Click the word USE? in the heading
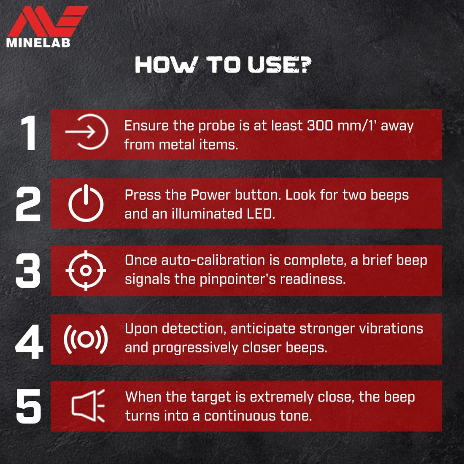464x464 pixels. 280,65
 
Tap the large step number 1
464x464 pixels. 29,133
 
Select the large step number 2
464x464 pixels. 28,204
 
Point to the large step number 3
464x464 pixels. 28,270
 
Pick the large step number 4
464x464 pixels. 29,342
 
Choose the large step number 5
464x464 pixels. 28,406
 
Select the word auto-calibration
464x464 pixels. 213,260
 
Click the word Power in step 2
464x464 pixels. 210,195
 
